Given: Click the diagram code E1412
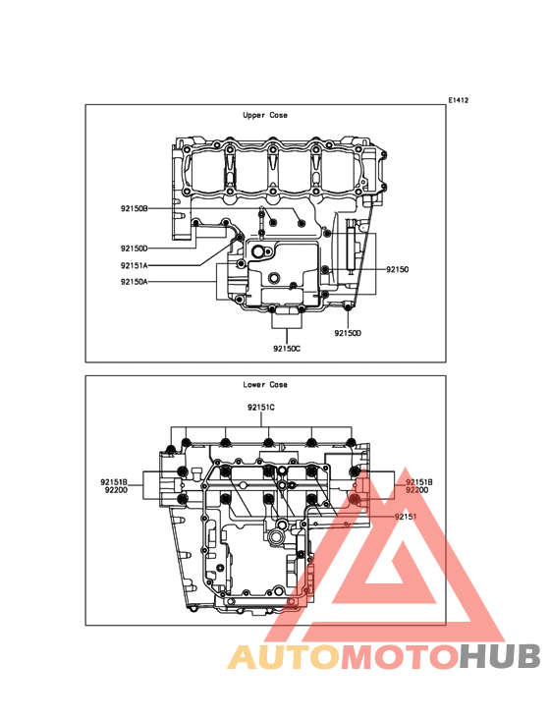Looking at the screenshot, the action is coord(459,100).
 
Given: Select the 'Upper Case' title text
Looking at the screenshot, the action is coord(265,115).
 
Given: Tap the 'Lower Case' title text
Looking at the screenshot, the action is coord(265,385).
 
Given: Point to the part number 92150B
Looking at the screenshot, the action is coord(135,208).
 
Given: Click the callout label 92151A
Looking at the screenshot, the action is coord(135,265).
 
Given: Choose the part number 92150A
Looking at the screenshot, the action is coord(135,282).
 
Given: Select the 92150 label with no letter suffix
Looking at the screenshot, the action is coord(398,269).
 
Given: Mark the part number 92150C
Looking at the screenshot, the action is coord(287,349).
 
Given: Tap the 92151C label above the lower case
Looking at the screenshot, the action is coord(261,408).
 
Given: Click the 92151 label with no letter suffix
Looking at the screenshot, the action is coord(406,517).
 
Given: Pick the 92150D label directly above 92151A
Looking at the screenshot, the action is coord(135,249).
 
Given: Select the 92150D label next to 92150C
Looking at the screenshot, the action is coord(348,333).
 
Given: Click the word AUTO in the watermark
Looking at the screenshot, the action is coord(284,657).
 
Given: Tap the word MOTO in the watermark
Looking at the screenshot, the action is coord(401,657).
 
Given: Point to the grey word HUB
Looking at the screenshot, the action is coord(501,657).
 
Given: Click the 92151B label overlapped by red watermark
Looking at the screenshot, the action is coord(419,482).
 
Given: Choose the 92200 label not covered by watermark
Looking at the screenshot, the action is coord(117,490).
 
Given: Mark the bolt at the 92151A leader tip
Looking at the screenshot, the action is coord(241,237).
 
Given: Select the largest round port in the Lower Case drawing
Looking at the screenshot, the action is coord(277,535).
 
